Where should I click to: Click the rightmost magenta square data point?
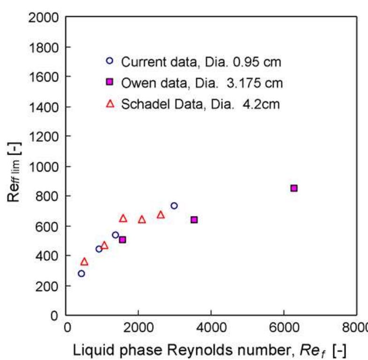click(294, 188)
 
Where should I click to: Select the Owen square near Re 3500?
click(194, 219)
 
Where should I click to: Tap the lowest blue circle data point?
click(81, 273)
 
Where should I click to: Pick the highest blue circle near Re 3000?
click(174, 205)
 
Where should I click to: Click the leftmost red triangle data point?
click(84, 262)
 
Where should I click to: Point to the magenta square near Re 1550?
click(123, 240)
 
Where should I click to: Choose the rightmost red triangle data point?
click(161, 215)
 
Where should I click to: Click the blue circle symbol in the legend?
click(109, 60)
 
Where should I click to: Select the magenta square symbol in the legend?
click(109, 82)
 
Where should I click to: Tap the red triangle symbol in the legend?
click(110, 104)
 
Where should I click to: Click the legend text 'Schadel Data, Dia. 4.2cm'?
click(200, 104)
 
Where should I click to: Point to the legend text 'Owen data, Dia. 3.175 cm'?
click(202, 82)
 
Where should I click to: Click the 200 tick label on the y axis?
click(48, 285)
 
